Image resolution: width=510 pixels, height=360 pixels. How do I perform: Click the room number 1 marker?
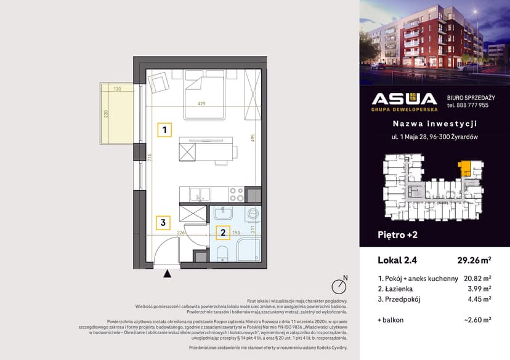click(164, 130)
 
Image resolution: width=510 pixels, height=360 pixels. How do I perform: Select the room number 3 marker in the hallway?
click(163, 222)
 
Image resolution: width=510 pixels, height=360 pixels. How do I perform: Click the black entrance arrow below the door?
click(167, 274)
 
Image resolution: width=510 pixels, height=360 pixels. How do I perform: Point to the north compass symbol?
click(338, 286)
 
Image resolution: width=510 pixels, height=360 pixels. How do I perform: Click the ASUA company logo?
click(404, 101)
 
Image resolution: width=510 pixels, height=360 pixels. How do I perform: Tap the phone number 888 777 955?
click(467, 105)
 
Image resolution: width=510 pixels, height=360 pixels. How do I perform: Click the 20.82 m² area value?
click(478, 278)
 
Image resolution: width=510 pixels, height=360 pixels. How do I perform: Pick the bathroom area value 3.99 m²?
click(480, 288)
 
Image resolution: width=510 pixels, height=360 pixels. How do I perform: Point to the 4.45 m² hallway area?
click(480, 299)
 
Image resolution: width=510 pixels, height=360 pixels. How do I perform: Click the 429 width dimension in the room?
click(201, 103)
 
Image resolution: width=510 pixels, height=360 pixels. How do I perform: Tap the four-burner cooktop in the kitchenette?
click(236, 194)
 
